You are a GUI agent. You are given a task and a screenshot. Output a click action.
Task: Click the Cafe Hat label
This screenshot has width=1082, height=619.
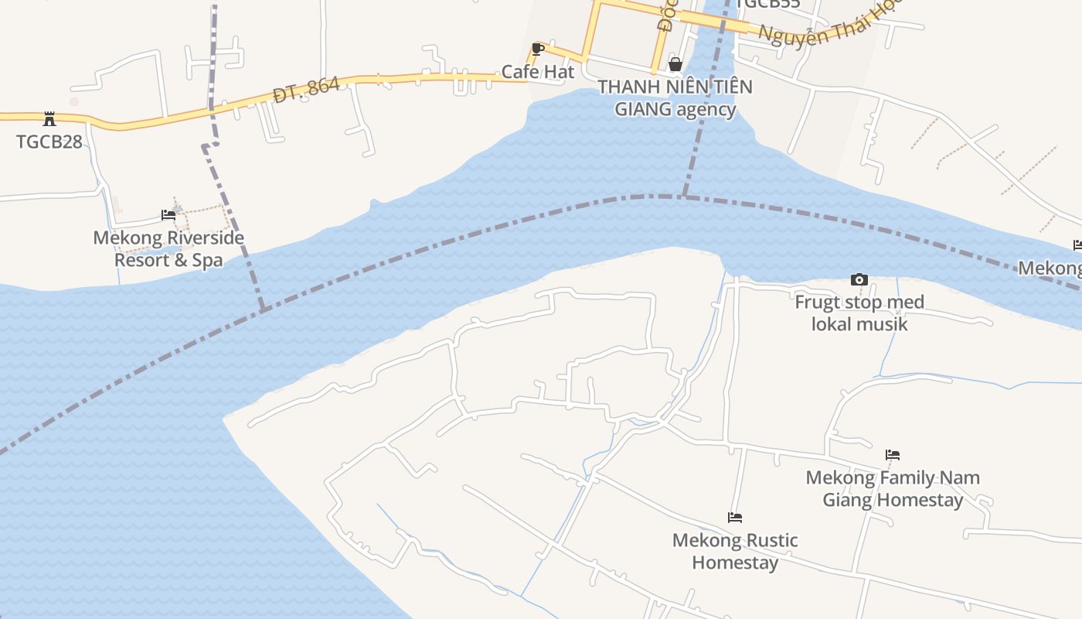tap(538, 72)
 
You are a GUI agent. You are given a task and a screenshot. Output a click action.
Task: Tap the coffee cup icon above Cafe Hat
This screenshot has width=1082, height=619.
tap(539, 50)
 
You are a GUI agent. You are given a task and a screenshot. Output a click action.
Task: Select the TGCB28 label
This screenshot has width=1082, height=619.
tap(49, 142)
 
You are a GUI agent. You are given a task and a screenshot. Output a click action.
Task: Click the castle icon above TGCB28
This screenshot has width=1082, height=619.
tap(49, 119)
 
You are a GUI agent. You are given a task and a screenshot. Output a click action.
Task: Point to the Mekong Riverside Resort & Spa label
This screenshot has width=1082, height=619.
tap(168, 248)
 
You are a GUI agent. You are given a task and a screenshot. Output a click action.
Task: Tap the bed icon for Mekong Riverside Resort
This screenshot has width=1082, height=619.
tap(168, 215)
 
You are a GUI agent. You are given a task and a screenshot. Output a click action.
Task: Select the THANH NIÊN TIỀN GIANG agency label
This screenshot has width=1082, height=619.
tap(675, 97)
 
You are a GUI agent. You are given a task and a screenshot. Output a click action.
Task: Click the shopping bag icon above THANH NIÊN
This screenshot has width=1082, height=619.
tap(675, 64)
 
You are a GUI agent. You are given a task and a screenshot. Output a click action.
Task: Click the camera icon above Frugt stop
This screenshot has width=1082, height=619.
tap(859, 279)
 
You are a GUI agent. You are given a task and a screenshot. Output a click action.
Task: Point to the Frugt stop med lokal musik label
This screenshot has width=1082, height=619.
tap(859, 313)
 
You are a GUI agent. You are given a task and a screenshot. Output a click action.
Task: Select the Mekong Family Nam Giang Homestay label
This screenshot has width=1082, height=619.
tap(893, 488)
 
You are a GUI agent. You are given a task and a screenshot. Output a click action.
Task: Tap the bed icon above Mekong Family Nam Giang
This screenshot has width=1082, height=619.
tap(893, 455)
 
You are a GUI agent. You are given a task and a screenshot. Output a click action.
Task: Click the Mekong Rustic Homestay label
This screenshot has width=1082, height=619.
tap(735, 551)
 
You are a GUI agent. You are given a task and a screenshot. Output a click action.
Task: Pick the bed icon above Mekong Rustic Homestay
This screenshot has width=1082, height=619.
tap(735, 517)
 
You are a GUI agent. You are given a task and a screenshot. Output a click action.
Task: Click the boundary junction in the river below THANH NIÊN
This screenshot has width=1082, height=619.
tap(683, 197)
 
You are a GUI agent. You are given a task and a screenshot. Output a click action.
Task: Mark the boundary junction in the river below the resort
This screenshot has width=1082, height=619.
tap(263, 310)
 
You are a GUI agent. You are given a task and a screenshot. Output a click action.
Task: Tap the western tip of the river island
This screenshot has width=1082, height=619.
tap(225, 419)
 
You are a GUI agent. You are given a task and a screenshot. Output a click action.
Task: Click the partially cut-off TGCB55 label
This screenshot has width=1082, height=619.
tap(767, 4)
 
